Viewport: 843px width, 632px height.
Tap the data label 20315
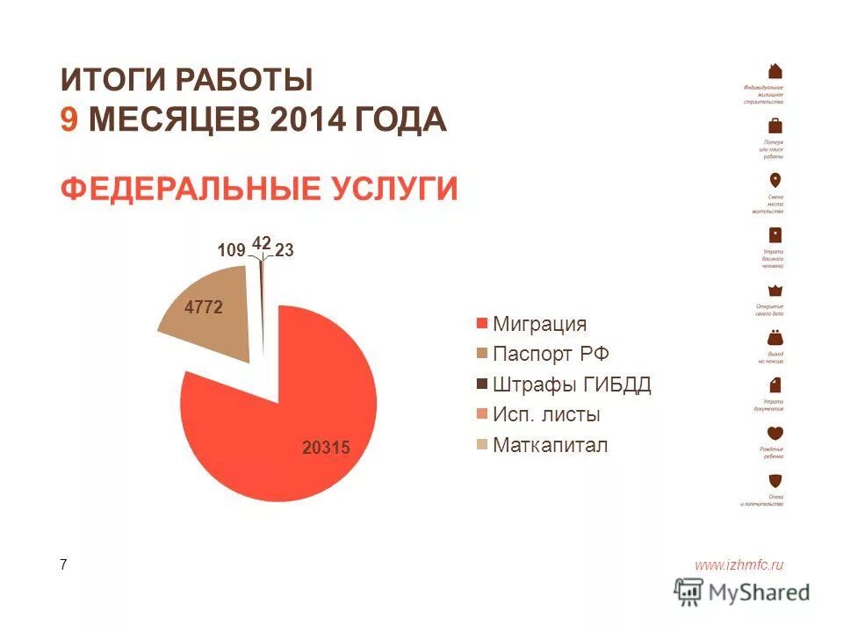[x=326, y=448]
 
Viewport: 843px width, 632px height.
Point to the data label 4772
[x=202, y=307]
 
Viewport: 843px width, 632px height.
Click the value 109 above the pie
[x=231, y=251]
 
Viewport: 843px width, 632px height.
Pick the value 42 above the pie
[x=261, y=242]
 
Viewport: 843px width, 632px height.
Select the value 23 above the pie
[x=284, y=251]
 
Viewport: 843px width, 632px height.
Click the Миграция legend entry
[x=538, y=324]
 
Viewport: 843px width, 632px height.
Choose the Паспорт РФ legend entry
[x=550, y=355]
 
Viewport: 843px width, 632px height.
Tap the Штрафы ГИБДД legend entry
[x=571, y=384]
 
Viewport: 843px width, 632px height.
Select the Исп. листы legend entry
[x=546, y=415]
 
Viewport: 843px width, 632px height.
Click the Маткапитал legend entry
[x=550, y=445]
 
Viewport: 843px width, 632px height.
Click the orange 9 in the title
[x=68, y=119]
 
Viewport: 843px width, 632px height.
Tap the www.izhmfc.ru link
[x=739, y=565]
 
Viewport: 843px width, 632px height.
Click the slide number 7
[x=63, y=565]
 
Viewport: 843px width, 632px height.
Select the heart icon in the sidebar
[x=775, y=433]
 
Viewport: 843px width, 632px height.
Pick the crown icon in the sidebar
[x=775, y=291]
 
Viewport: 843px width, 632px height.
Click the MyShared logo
[x=742, y=592]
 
